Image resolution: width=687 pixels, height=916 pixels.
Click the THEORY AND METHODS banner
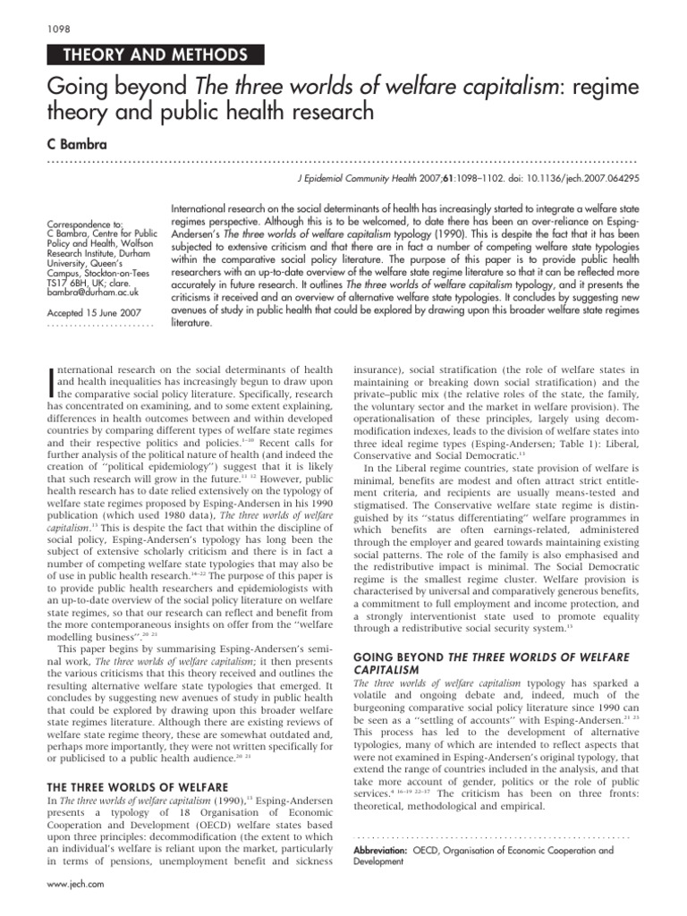150,55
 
